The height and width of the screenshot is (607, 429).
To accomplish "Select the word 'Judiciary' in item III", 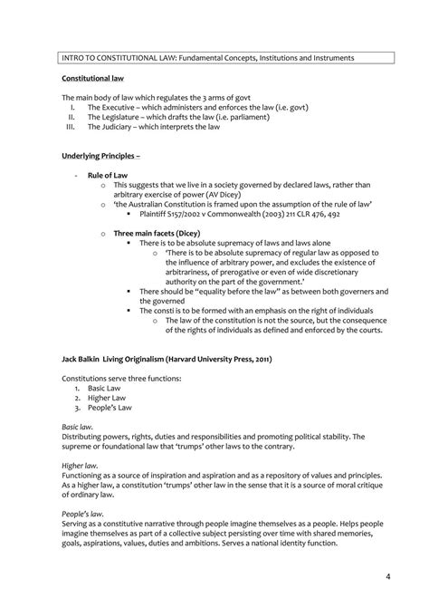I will [x=121, y=127].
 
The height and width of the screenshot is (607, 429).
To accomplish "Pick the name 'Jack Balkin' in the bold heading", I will [x=82, y=333].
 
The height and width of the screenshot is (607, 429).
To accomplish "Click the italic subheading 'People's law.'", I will [x=83, y=512].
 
